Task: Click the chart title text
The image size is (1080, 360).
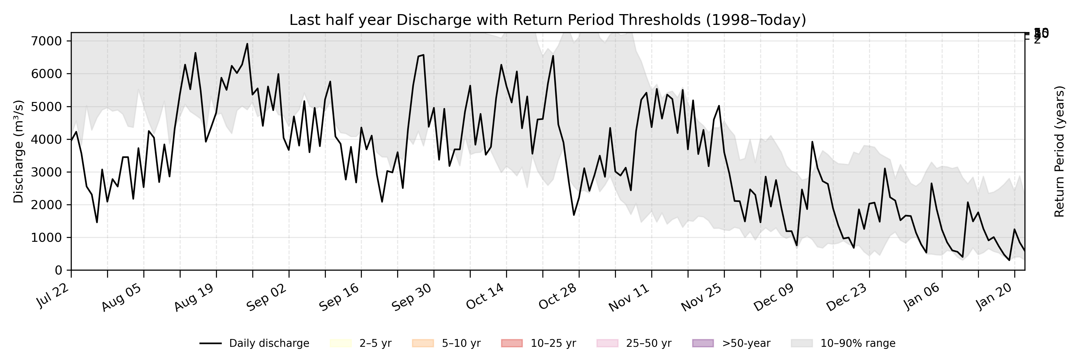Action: pos(547,20)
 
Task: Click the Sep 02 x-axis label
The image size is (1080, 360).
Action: pos(267,297)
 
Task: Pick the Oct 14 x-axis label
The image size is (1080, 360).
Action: pos(485,297)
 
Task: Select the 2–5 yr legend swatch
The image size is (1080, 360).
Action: pos(340,343)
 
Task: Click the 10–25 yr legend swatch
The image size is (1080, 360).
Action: pos(511,343)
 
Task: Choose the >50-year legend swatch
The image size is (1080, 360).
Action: pos(703,343)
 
